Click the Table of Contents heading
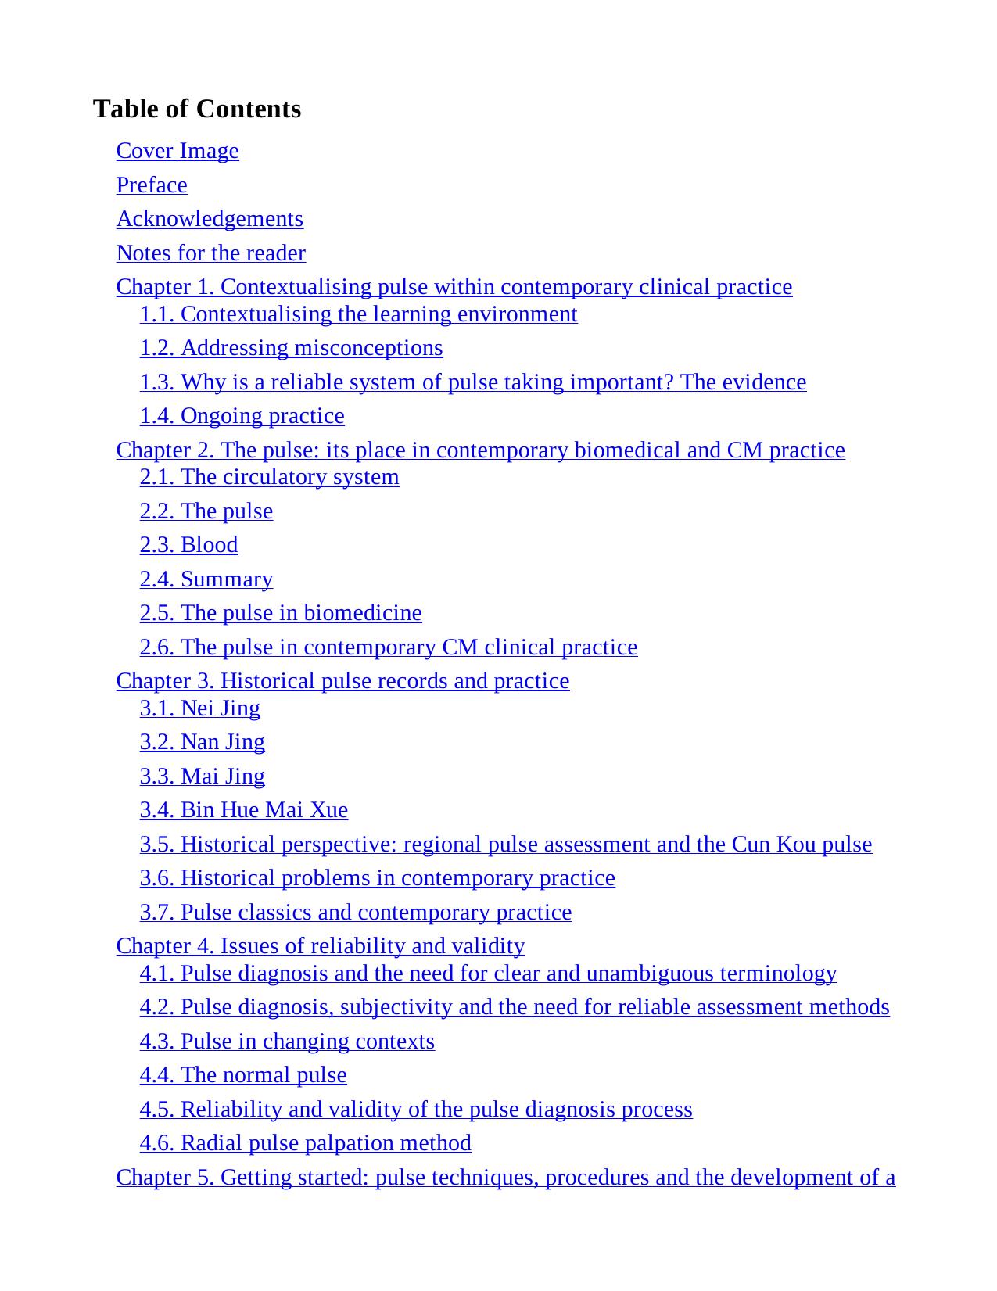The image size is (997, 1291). click(x=196, y=109)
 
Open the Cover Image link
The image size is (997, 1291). click(x=178, y=151)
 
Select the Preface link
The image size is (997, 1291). click(x=152, y=185)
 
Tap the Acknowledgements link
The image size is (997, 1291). click(x=210, y=219)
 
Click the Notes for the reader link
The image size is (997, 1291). click(x=210, y=253)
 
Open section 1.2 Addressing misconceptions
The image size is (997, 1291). click(x=291, y=348)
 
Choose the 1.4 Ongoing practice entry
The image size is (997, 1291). click(x=242, y=416)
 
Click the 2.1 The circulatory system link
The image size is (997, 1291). click(x=269, y=477)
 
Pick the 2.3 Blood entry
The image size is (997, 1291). click(x=188, y=545)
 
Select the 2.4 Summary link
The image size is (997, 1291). click(x=206, y=579)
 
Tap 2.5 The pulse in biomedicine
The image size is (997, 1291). click(x=281, y=613)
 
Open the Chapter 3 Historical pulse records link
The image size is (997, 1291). click(x=342, y=681)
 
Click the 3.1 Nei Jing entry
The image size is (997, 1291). click(x=199, y=708)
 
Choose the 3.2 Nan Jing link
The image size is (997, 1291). click(x=202, y=742)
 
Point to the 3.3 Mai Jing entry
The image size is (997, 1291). click(x=202, y=776)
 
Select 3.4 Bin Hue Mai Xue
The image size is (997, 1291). click(x=243, y=810)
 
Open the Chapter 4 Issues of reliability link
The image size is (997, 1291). click(x=321, y=946)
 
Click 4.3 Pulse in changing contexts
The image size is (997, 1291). click(x=287, y=1042)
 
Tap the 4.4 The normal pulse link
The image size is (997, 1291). click(x=243, y=1075)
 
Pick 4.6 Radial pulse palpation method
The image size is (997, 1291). click(x=305, y=1143)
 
